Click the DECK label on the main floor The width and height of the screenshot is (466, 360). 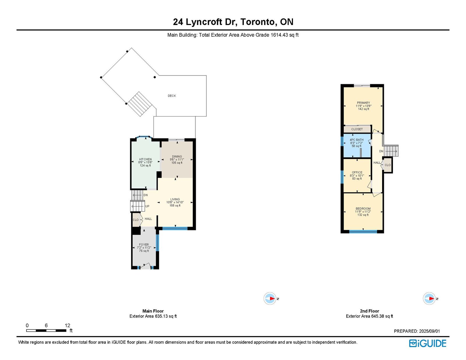(172, 96)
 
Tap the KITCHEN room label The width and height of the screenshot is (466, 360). (145, 159)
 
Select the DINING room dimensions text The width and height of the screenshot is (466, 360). (177, 160)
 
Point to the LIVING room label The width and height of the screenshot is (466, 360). (175, 199)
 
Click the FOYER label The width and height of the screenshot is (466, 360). (144, 245)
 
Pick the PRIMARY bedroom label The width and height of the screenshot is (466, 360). (363, 103)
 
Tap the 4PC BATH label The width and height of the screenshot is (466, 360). (356, 140)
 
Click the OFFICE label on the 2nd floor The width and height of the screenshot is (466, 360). (357, 172)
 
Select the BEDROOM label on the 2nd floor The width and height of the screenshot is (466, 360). (363, 209)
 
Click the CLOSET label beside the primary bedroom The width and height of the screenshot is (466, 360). (357, 129)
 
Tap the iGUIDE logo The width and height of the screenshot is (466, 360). (427, 343)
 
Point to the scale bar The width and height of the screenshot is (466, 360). (46, 330)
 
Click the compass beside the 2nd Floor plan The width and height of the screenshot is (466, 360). (429, 299)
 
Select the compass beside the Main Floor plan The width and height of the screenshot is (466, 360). (270, 299)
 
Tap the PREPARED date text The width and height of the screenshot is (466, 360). (417, 331)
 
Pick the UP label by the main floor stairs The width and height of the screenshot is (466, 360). (147, 206)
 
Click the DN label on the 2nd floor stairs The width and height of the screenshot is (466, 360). (381, 151)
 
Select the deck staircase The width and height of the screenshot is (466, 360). (140, 104)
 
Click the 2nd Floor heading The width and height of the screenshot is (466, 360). (369, 311)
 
